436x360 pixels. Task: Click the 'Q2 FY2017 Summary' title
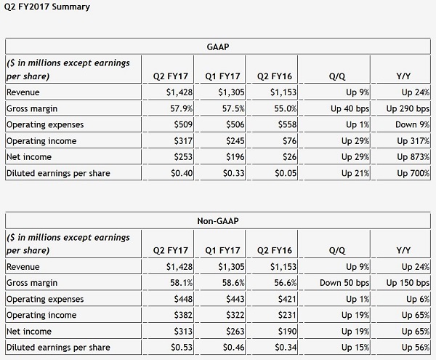pyautogui.click(x=47, y=7)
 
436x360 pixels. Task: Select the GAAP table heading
pyautogui.click(x=218, y=47)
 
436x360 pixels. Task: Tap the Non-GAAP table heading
pyautogui.click(x=218, y=221)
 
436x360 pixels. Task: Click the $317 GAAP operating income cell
pyautogui.click(x=183, y=141)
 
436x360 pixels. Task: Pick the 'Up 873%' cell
pyautogui.click(x=413, y=157)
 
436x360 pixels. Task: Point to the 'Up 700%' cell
pyautogui.click(x=413, y=173)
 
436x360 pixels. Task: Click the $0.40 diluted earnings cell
pyautogui.click(x=182, y=173)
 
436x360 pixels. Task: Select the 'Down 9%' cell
pyautogui.click(x=412, y=124)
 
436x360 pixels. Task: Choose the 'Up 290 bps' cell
pyautogui.click(x=408, y=108)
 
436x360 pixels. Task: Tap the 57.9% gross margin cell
pyautogui.click(x=181, y=108)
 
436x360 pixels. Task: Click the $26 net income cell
pyautogui.click(x=289, y=157)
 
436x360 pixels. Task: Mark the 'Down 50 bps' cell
pyautogui.click(x=344, y=283)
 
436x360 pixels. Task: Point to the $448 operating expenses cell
pyautogui.click(x=183, y=299)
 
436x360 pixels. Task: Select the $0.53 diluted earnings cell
pyautogui.click(x=182, y=348)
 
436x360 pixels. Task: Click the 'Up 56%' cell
pyautogui.click(x=416, y=348)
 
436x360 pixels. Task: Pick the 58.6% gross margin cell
pyautogui.click(x=233, y=283)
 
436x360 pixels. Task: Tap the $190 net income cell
pyautogui.click(x=287, y=332)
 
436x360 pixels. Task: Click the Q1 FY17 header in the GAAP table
pyautogui.click(x=222, y=76)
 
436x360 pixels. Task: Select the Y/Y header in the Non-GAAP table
pyautogui.click(x=403, y=250)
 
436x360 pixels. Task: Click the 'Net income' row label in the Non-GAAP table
pyautogui.click(x=29, y=332)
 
